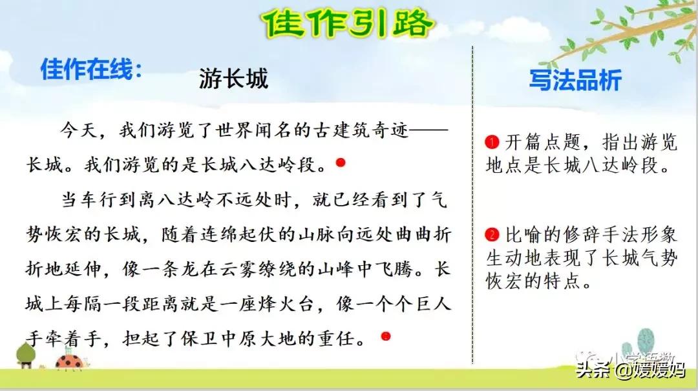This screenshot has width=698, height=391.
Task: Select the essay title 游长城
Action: click(x=233, y=79)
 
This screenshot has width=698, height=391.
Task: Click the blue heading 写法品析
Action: click(x=575, y=80)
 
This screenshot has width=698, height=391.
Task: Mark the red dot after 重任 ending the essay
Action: click(x=385, y=336)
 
